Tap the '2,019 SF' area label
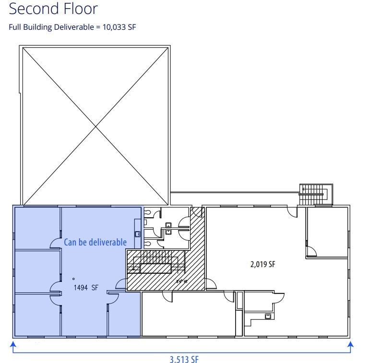coord(263,264)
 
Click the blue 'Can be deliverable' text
coord(95,242)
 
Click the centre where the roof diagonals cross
coord(96,126)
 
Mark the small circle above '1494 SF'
coord(73,279)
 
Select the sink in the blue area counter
coord(137,234)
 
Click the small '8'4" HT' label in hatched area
coord(182,282)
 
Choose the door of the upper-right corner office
coord(311,250)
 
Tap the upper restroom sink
coord(168,224)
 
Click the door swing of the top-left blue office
coord(55,244)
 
